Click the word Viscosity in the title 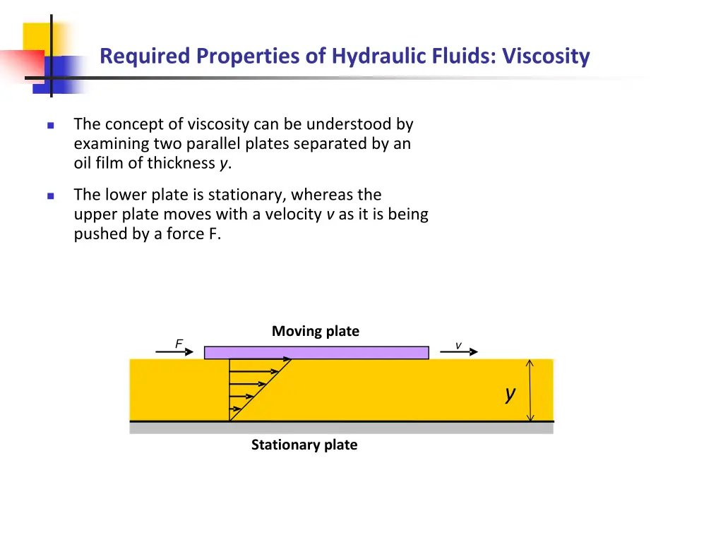[x=546, y=56]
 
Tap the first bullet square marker [x=51, y=126]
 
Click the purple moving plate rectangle [x=316, y=352]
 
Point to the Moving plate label [x=316, y=331]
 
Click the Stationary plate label [x=304, y=445]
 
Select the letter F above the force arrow [x=179, y=343]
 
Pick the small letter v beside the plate [x=458, y=345]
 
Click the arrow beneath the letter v [x=463, y=351]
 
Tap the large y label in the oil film [x=510, y=394]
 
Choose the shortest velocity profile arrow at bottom [x=235, y=409]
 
